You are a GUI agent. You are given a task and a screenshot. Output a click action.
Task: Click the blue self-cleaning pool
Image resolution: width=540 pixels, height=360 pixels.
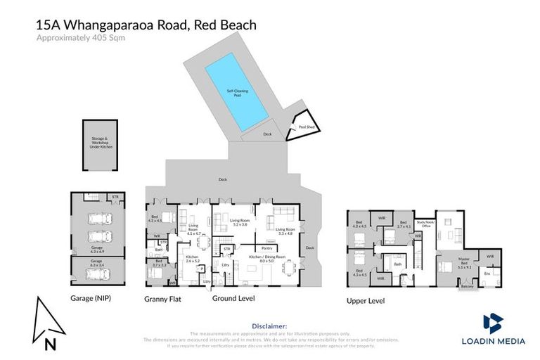pyautogui.click(x=237, y=92)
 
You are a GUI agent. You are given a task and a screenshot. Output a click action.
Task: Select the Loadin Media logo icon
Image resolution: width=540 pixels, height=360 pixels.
pyautogui.click(x=493, y=324)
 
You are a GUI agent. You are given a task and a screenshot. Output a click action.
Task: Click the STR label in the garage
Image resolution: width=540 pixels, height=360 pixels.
pyautogui.click(x=115, y=198)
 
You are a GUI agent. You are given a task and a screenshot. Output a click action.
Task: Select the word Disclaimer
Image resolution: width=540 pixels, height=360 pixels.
pyautogui.click(x=269, y=326)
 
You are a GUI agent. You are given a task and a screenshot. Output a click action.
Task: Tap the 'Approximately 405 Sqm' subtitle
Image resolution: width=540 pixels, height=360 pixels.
pyautogui.click(x=79, y=39)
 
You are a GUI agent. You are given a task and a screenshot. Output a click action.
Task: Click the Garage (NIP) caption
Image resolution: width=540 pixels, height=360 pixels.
pyautogui.click(x=90, y=298)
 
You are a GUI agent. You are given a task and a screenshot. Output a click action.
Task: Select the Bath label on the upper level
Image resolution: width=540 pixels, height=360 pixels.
pyautogui.click(x=397, y=264)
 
